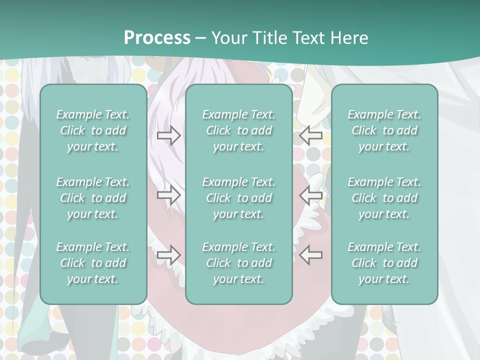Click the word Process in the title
pyautogui.click(x=157, y=38)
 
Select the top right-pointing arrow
pyautogui.click(x=168, y=135)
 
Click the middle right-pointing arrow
pyautogui.click(x=168, y=195)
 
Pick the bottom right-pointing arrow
pyautogui.click(x=168, y=255)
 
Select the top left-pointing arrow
pyautogui.click(x=311, y=135)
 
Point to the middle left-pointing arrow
pyautogui.click(x=311, y=195)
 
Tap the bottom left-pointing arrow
pyautogui.click(x=311, y=255)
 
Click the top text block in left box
pyautogui.click(x=93, y=130)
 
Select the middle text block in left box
pyautogui.click(x=93, y=198)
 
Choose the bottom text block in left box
pyautogui.click(x=93, y=263)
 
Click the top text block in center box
pyautogui.click(x=238, y=130)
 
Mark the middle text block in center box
pyautogui.click(x=238, y=198)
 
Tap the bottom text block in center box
pyautogui.click(x=238, y=263)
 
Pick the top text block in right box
pyautogui.click(x=384, y=130)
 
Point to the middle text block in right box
pyautogui.click(x=384, y=198)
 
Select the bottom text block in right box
pyautogui.click(x=384, y=263)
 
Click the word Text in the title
pyautogui.click(x=306, y=38)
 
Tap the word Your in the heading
pyautogui.click(x=227, y=38)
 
